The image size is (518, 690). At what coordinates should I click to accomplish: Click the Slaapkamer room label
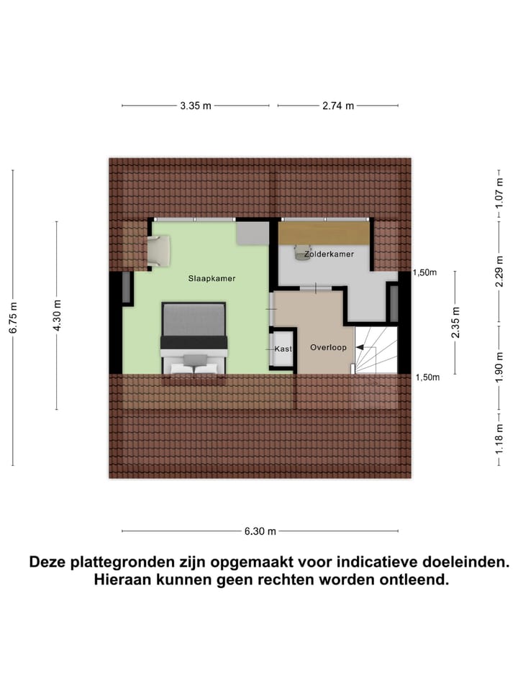(212, 278)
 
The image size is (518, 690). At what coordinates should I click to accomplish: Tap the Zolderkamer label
(328, 254)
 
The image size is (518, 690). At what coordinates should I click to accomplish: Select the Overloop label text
(328, 347)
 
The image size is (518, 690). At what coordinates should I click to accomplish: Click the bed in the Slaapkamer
(194, 338)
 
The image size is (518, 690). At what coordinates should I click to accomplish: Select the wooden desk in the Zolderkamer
(324, 232)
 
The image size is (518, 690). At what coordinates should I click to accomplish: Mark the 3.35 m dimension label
(196, 106)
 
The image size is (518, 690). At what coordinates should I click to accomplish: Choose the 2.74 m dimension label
(338, 106)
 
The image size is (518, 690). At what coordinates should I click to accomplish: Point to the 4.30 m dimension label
(57, 315)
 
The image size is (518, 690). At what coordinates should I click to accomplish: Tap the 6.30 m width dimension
(260, 531)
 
